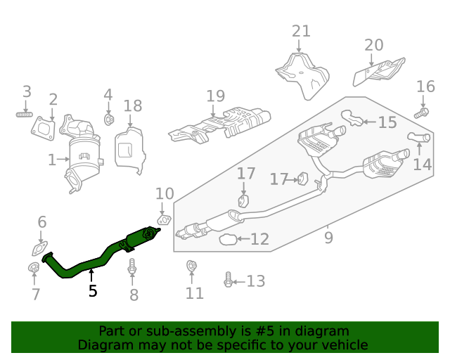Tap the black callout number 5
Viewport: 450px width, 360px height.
pos(92,290)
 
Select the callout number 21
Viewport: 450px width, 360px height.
pos(301,31)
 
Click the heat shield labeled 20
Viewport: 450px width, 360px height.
pos(377,73)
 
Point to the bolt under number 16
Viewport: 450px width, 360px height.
pos(421,111)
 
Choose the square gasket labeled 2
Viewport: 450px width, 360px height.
pos(44,127)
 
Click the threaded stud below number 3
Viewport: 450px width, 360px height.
pos(25,113)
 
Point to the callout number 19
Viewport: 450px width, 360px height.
pos(215,96)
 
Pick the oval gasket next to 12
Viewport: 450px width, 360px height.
pos(228,240)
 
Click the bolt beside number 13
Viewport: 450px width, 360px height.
pos(228,281)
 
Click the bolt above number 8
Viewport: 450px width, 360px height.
pos(132,267)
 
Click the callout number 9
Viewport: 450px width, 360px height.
pos(328,238)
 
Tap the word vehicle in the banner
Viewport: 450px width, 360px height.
pos(344,345)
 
